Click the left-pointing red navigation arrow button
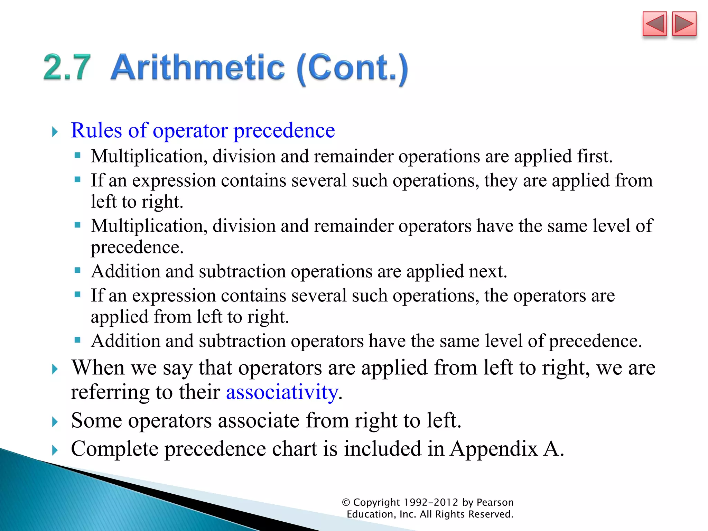(654, 24)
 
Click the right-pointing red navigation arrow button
(684, 24)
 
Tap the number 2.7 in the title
(67, 67)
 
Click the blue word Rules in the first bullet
(96, 131)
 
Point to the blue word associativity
(282, 392)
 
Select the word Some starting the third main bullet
(96, 421)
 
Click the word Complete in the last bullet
(114, 449)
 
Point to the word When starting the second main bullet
(98, 367)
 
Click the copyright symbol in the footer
(346, 502)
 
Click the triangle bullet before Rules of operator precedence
(55, 132)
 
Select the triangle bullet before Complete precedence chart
(55, 450)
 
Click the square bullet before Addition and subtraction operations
(77, 270)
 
